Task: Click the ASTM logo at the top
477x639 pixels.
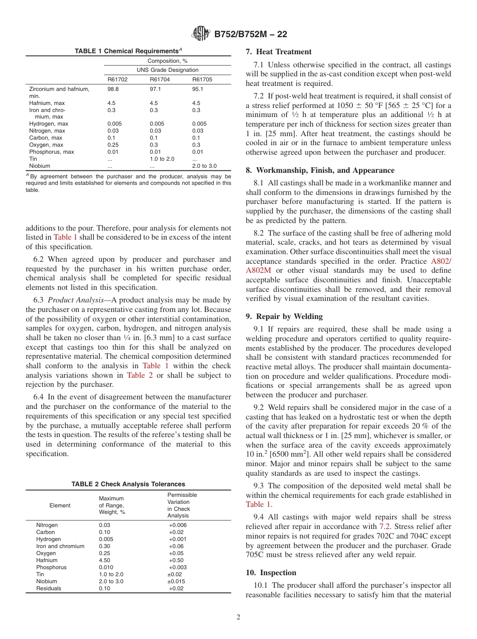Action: tap(201, 34)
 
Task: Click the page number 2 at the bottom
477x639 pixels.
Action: tap(238, 617)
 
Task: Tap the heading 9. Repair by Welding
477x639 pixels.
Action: tap(284, 316)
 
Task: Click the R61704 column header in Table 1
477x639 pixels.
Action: tap(160, 79)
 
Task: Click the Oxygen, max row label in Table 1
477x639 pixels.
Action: tap(46, 145)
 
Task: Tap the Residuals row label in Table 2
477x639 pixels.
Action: tap(48, 588)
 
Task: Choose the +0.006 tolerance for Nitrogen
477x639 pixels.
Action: tap(178, 525)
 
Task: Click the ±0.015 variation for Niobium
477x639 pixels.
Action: tap(176, 581)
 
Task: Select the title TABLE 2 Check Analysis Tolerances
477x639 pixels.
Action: tap(128, 484)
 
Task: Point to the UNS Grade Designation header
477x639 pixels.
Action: tap(167, 70)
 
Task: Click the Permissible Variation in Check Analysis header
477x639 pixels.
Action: tap(182, 505)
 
